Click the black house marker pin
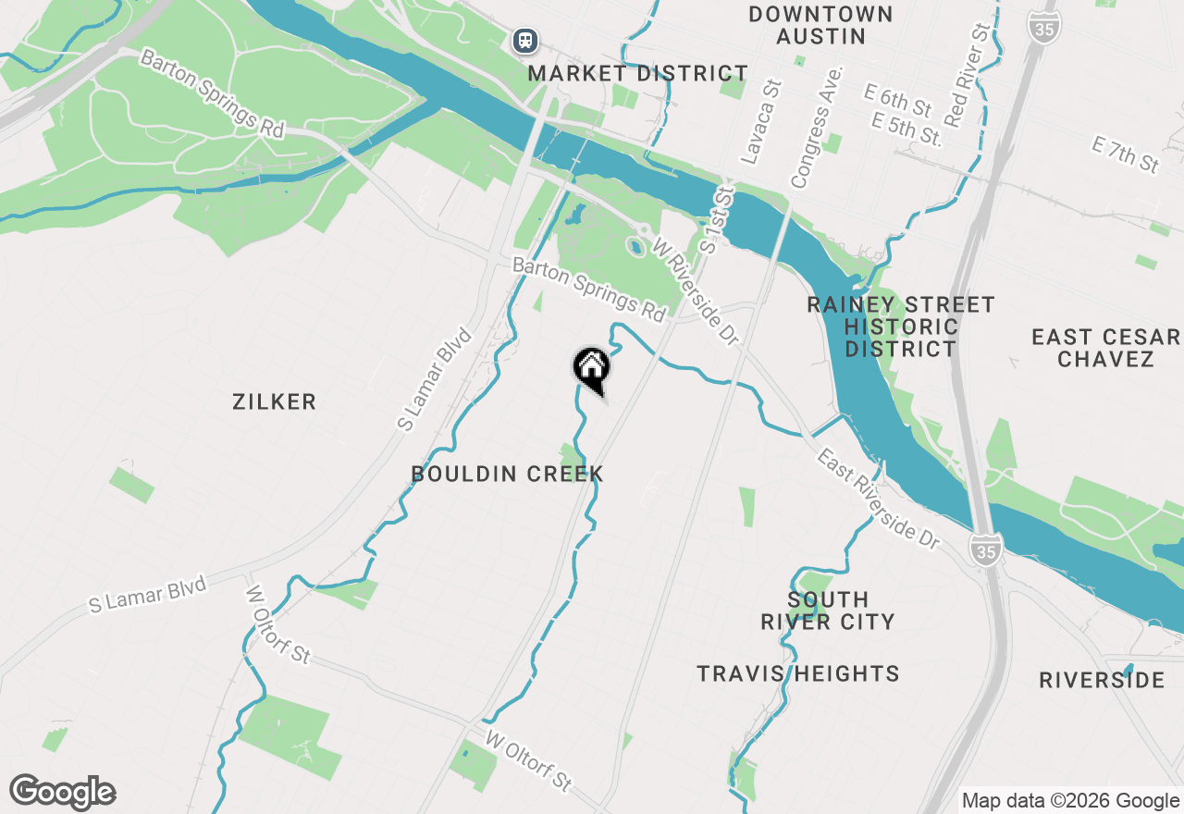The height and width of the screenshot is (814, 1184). (591, 368)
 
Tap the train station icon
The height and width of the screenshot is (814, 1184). (525, 41)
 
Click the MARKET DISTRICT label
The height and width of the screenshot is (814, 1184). (638, 73)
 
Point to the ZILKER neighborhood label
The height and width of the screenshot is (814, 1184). (275, 401)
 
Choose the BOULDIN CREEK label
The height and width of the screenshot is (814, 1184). (507, 474)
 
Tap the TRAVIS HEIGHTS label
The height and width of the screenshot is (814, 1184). (798, 673)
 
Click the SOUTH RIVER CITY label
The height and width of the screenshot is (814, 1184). (827, 610)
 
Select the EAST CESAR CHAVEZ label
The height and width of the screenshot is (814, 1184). (1105, 348)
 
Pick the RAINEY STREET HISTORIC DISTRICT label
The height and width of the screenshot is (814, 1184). (900, 327)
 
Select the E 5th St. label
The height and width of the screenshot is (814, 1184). (906, 129)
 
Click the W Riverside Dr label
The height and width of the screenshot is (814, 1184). (697, 290)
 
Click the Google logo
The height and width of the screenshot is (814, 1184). (62, 793)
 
